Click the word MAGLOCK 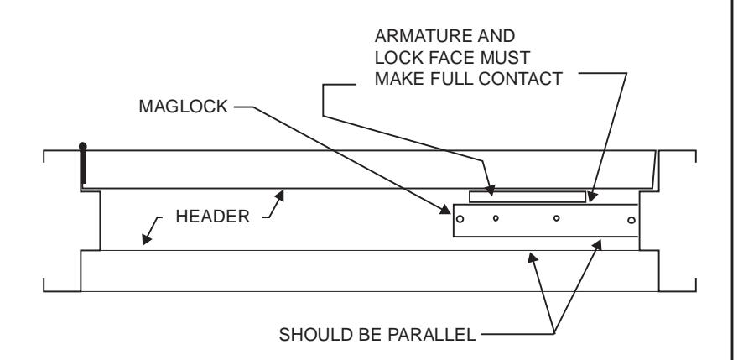pyautogui.click(x=183, y=107)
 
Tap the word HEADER pyautogui.click(x=212, y=217)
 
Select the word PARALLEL pyautogui.click(x=432, y=335)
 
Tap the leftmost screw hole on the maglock pyautogui.click(x=460, y=219)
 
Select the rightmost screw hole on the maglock pyautogui.click(x=631, y=220)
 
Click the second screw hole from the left pyautogui.click(x=496, y=218)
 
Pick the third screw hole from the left pyautogui.click(x=556, y=218)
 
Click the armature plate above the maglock pyautogui.click(x=528, y=196)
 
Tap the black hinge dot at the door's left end pyautogui.click(x=83, y=146)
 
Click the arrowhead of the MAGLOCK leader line pyautogui.click(x=445, y=210)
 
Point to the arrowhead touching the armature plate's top pyautogui.click(x=490, y=190)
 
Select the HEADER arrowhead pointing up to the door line pyautogui.click(x=280, y=195)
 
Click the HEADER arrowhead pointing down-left pyautogui.click(x=147, y=239)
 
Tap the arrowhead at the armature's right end pyautogui.click(x=592, y=196)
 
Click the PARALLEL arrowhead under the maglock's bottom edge pyautogui.click(x=597, y=245)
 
